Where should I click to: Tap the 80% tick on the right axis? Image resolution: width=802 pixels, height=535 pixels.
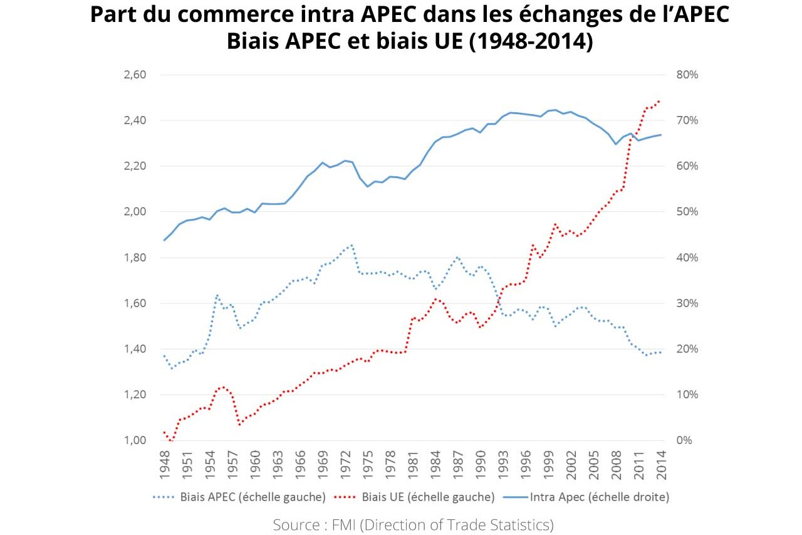pyautogui.click(x=687, y=75)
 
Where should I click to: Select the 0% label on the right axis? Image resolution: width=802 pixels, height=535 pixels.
pyautogui.click(x=684, y=440)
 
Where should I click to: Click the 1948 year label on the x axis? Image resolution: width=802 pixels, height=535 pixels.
pyautogui.click(x=165, y=464)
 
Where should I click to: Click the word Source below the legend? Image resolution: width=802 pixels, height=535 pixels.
pyautogui.click(x=296, y=524)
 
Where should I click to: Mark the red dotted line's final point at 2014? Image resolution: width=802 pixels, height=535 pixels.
pyautogui.click(x=659, y=100)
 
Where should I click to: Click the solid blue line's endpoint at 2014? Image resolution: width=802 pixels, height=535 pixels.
pyautogui.click(x=661, y=135)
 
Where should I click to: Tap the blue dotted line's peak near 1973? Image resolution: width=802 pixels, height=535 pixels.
pyautogui.click(x=352, y=245)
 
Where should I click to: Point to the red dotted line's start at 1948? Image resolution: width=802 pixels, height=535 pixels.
pyautogui.click(x=164, y=432)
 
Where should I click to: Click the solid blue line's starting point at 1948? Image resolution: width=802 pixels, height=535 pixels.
pyautogui.click(x=164, y=240)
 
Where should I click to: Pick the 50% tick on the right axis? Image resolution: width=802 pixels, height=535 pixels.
pyautogui.click(x=687, y=212)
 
